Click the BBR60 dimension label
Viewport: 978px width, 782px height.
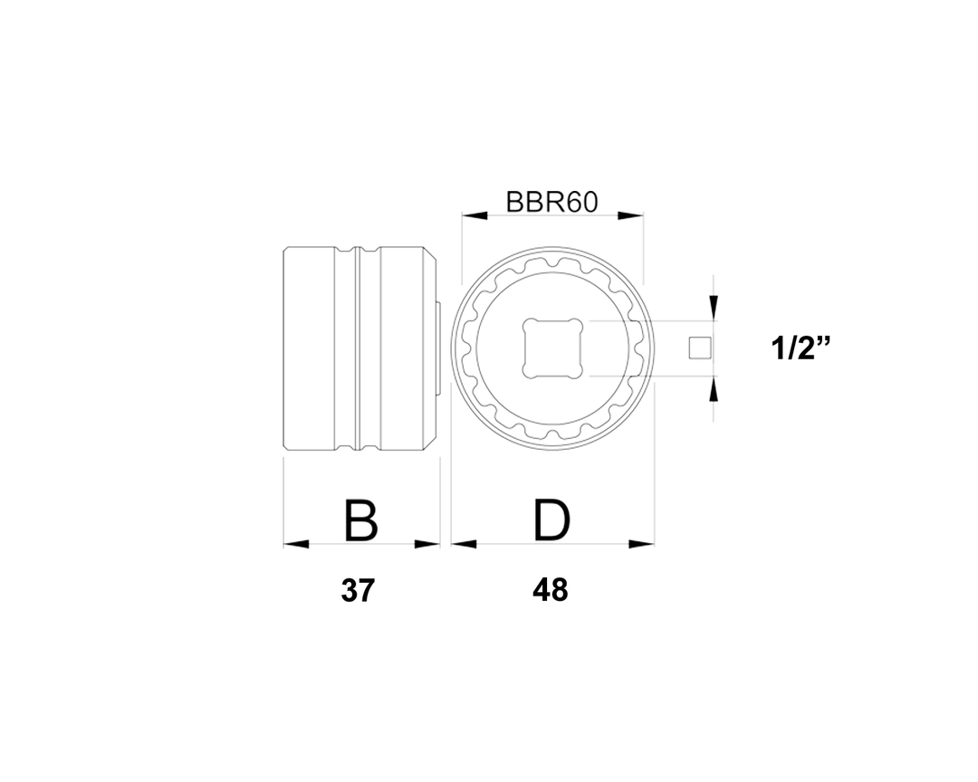point(551,201)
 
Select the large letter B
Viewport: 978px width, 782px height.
point(360,520)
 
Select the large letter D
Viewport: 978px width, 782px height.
point(551,520)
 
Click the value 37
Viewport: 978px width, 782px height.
point(358,591)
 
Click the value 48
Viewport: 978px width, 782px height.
point(551,591)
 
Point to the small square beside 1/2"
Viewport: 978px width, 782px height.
point(698,348)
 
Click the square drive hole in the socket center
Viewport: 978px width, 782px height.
point(551,348)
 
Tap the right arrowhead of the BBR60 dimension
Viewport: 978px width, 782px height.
point(630,215)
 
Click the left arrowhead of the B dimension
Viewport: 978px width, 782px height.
point(296,544)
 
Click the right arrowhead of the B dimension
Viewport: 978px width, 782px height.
point(427,544)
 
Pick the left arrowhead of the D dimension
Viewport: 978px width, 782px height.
point(464,544)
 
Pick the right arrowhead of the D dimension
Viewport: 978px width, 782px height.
point(642,544)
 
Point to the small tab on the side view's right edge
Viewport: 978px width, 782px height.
point(439,348)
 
